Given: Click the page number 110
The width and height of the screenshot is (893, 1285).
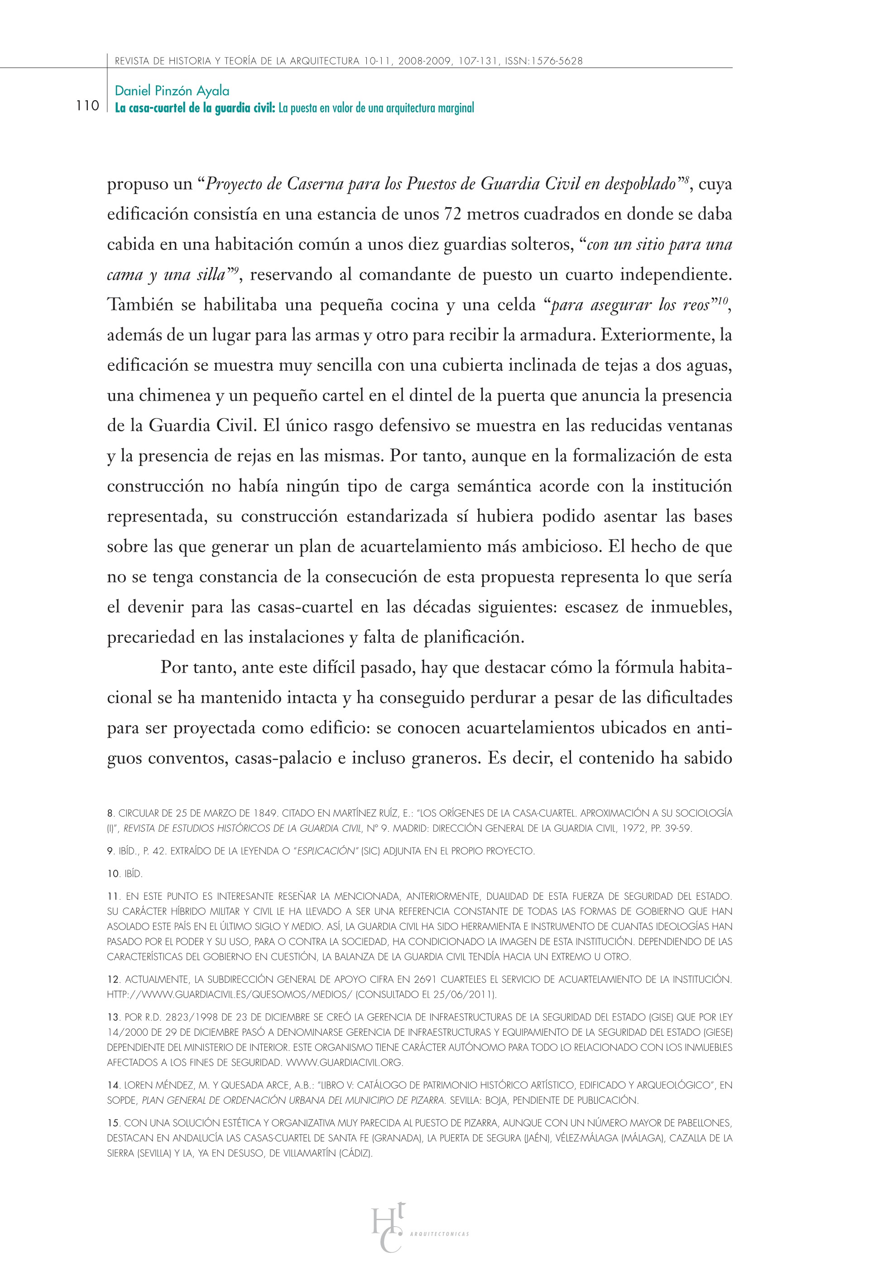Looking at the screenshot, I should coord(87,106).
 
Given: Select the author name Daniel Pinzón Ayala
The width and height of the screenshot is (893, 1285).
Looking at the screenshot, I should coord(172,91).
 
